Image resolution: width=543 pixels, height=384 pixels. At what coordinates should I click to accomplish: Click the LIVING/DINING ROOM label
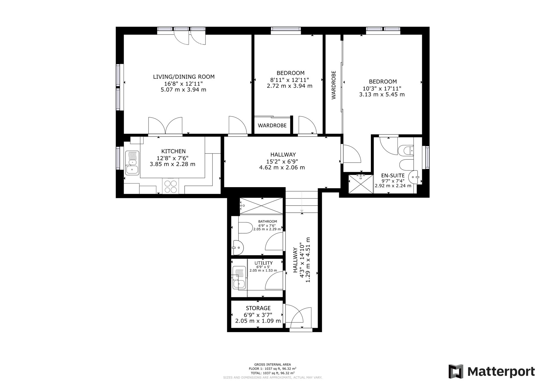tap(184, 77)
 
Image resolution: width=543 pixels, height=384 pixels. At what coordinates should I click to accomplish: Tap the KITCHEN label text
tap(173, 151)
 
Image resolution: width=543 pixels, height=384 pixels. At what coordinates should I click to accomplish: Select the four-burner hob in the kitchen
tap(171, 186)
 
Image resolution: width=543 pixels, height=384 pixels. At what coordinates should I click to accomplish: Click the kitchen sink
tap(132, 163)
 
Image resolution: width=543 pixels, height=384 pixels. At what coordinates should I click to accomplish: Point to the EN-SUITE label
tap(393, 175)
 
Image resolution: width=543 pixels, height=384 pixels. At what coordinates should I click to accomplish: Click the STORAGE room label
tap(258, 308)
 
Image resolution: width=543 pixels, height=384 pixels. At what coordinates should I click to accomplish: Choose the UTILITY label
tap(263, 263)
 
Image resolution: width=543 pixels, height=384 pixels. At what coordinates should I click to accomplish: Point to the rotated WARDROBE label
tap(334, 85)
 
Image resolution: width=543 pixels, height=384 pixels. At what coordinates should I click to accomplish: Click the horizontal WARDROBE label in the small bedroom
tap(272, 125)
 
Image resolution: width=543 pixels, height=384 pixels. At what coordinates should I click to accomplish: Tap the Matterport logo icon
tap(456, 372)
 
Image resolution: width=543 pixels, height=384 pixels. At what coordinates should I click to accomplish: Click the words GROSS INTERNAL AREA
tap(273, 364)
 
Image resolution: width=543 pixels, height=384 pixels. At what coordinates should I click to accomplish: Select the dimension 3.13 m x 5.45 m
tap(382, 95)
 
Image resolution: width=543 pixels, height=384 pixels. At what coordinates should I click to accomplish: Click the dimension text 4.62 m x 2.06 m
tap(282, 168)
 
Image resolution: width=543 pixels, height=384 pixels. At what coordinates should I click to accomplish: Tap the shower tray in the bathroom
tap(261, 206)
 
